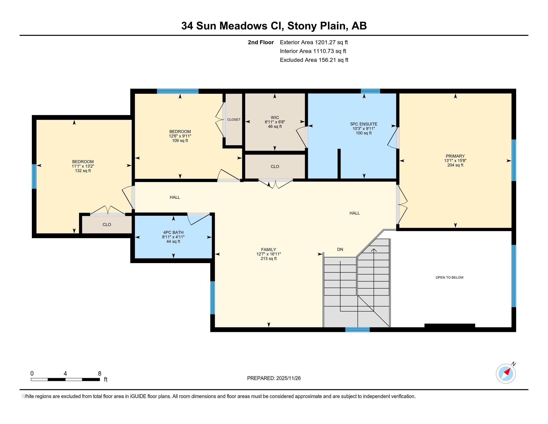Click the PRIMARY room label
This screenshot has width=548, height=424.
pos(455,156)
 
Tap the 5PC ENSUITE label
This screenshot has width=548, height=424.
pos(364,124)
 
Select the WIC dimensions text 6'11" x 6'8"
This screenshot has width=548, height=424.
pos(275,122)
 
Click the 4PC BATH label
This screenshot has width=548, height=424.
pos(173,232)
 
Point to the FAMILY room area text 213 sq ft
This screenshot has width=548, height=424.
pos(269,258)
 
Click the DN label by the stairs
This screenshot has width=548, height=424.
pos(340,249)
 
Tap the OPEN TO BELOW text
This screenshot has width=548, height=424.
pos(449,277)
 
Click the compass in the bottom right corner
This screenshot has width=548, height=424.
pos(506,374)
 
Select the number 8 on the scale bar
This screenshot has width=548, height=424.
pos(100,374)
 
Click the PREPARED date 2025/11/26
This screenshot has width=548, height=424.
pos(288,378)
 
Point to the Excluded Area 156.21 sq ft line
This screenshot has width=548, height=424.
pos(314,60)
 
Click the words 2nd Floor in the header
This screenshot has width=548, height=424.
pos(261,42)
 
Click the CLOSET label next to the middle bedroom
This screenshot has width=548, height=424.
pos(234,119)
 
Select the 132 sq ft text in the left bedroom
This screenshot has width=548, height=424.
pos(83,171)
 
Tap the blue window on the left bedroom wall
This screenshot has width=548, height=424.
pos(34,176)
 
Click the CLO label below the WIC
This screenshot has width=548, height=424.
pos(275,167)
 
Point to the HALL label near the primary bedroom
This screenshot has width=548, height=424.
pos(354,213)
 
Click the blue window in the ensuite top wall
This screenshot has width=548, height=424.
pos(370,91)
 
